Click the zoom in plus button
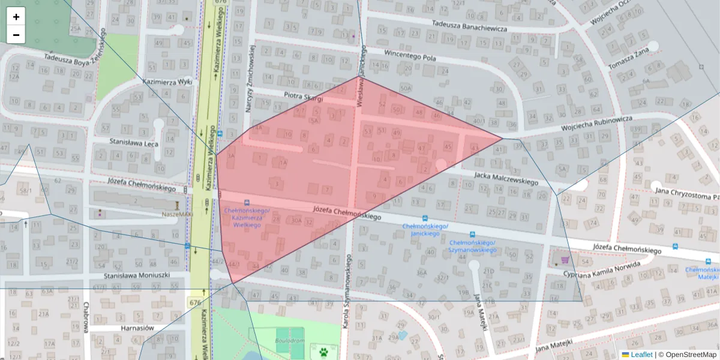[16, 17]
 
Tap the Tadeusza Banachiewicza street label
[469, 26]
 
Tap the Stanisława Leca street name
[134, 143]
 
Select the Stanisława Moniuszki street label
[137, 275]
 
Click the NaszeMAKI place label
[160, 214]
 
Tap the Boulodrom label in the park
[291, 340]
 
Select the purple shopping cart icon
[565, 260]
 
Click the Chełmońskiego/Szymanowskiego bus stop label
[472, 246]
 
